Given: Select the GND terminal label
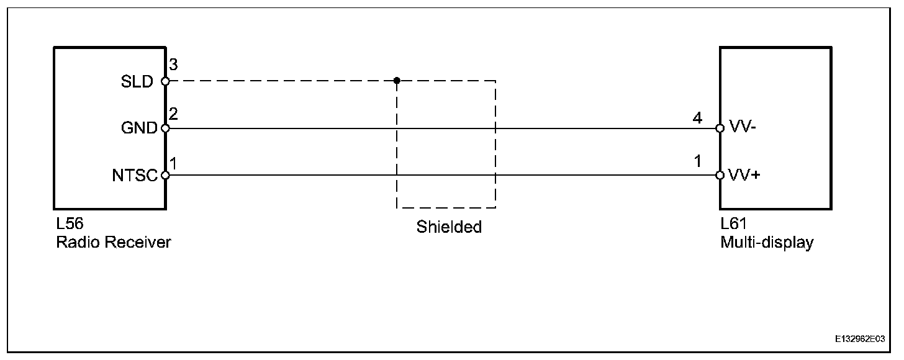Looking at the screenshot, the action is pos(139,128).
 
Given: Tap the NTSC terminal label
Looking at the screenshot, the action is pos(135,176).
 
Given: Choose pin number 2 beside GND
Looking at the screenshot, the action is pos(174,114).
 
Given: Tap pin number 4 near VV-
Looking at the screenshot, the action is pos(697,118).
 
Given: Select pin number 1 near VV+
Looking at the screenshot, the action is pos(698,161).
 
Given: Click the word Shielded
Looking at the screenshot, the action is pos(449,227).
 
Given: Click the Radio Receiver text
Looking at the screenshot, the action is pos(114,242).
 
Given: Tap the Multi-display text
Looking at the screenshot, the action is pos(767,242).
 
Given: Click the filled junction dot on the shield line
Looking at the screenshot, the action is pos(397,81).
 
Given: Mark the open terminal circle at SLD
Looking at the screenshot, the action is pos(165,81).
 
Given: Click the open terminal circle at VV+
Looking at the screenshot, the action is pos(720,175).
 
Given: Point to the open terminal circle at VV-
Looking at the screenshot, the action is pos(720,128).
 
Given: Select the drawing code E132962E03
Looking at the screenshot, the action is pos(860,340).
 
